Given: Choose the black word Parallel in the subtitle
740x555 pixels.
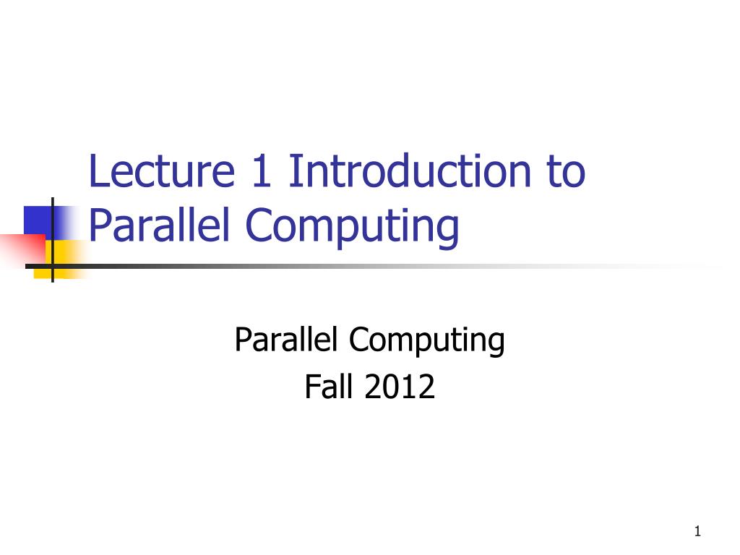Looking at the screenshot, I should click(286, 339).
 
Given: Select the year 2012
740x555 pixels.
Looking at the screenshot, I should click(400, 387).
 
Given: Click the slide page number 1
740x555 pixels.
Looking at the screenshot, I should click(697, 533).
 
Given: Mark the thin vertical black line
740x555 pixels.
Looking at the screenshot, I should click(53, 238).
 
